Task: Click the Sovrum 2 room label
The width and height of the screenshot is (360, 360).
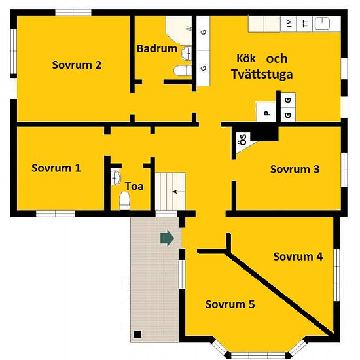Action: pyautogui.click(x=77, y=65)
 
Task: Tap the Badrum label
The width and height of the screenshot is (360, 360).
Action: pyautogui.click(x=156, y=48)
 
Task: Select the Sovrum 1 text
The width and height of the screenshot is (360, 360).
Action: pyautogui.click(x=56, y=168)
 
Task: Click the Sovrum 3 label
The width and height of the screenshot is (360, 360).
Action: pyautogui.click(x=295, y=169)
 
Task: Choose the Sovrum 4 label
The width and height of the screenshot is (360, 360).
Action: pyautogui.click(x=298, y=256)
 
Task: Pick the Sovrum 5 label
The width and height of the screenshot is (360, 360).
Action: pyautogui.click(x=230, y=304)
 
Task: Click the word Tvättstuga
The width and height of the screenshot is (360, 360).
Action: pyautogui.click(x=262, y=74)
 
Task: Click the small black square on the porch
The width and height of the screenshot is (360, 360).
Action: pyautogui.click(x=137, y=334)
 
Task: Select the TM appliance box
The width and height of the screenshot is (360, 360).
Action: pyautogui.click(x=289, y=24)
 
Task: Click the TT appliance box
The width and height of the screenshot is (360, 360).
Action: pyautogui.click(x=304, y=24)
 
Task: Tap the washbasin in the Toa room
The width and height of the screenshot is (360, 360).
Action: pyautogui.click(x=115, y=176)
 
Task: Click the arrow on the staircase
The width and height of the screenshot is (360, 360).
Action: pyautogui.click(x=174, y=192)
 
